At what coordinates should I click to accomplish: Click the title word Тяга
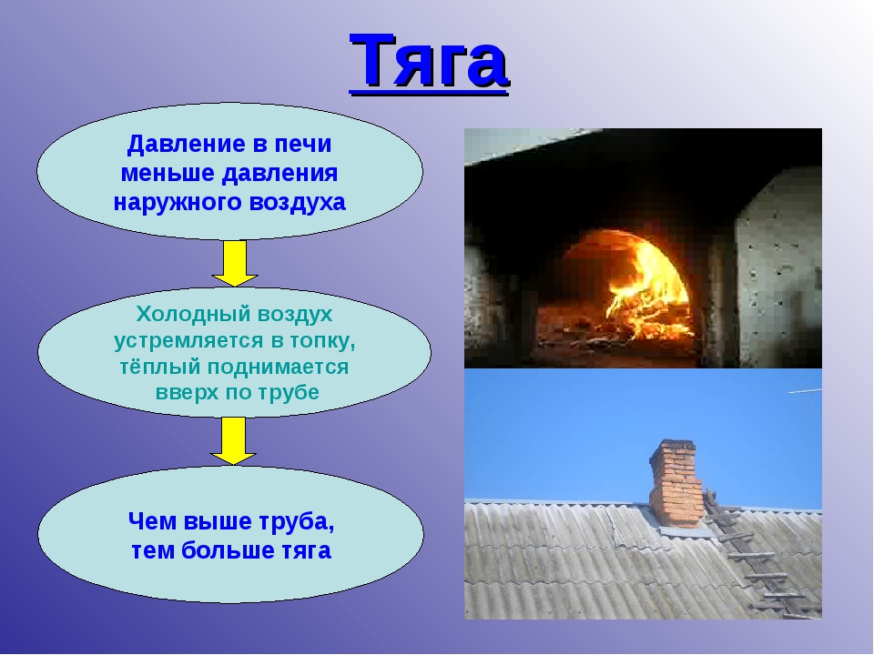click(429, 62)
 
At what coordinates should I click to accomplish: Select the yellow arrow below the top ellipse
click(235, 263)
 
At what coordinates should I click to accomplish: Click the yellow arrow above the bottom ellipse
click(234, 440)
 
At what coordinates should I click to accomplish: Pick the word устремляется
click(189, 341)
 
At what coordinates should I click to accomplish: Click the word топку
click(322, 341)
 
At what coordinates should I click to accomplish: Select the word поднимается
click(278, 368)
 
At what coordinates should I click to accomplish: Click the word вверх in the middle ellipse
click(186, 393)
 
